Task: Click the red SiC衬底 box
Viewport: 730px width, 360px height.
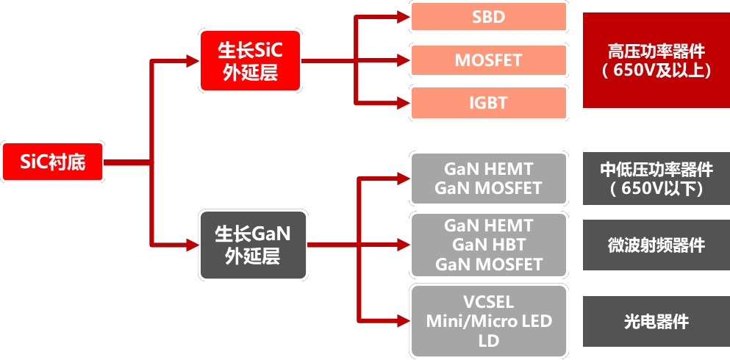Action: coord(52,161)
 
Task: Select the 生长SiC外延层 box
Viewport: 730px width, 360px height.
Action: coord(250,61)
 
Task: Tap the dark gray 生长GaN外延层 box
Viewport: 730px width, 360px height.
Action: coord(252,245)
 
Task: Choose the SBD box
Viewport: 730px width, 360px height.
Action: coord(489,17)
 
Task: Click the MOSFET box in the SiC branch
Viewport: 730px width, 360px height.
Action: coord(489,60)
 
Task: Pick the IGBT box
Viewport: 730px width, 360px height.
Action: coord(489,103)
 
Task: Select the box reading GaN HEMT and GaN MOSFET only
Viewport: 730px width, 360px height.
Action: coord(489,179)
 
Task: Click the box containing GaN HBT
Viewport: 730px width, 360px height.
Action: coord(489,245)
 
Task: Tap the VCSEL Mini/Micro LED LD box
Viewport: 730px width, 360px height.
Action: coord(489,321)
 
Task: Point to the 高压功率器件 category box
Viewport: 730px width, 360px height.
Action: coord(656,60)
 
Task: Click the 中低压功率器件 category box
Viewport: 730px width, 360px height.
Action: coord(656,179)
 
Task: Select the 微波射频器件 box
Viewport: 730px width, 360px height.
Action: coord(656,245)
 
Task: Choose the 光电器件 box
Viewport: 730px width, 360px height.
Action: coord(656,321)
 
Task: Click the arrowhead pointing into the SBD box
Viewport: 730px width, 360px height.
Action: coord(402,17)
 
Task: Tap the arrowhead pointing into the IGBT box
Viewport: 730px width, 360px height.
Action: coord(402,103)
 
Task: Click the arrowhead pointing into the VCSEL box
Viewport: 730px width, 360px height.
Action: coord(402,320)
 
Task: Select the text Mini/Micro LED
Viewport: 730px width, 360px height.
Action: coord(489,321)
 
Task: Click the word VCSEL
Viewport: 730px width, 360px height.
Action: coord(489,302)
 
